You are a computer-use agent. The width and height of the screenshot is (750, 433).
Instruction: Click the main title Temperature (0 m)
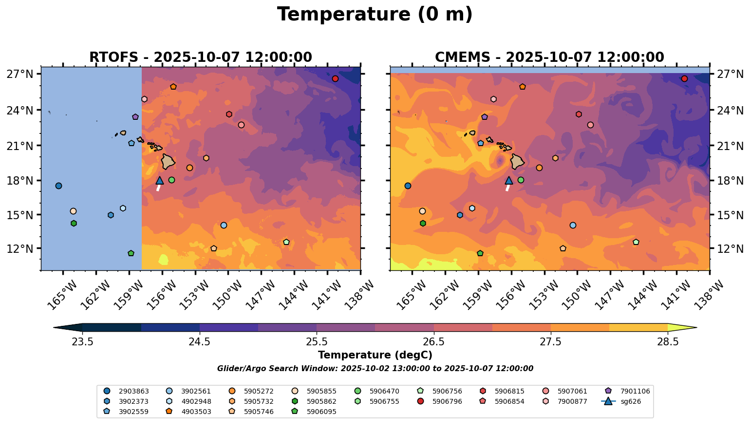point(375,14)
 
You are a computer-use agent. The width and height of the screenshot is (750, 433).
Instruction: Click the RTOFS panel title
point(200,57)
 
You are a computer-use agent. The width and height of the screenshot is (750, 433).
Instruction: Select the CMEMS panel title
point(549,57)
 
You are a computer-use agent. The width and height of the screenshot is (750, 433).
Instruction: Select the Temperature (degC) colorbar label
point(375,355)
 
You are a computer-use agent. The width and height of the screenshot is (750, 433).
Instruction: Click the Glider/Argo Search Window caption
point(375,369)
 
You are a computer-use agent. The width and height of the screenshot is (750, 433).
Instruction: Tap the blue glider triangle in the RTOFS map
point(160,180)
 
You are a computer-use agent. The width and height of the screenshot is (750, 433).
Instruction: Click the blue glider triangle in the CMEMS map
point(509,180)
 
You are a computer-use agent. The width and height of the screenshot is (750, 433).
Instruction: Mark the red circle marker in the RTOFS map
point(335,79)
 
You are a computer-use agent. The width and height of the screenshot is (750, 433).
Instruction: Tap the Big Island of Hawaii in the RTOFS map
point(168,161)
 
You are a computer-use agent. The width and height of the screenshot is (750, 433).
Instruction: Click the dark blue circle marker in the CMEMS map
point(408,186)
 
